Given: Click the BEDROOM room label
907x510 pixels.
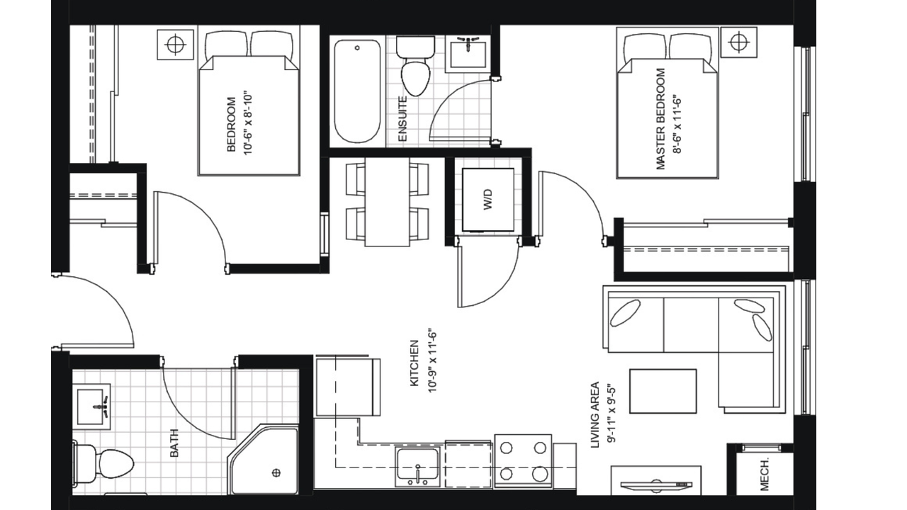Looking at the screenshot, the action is tap(231, 124).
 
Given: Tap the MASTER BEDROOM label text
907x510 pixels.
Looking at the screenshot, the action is tap(660, 119).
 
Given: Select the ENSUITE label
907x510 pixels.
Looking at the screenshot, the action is tap(402, 119).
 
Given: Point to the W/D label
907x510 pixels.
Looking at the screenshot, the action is tap(488, 199).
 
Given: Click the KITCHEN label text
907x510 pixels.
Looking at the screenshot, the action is tap(415, 363).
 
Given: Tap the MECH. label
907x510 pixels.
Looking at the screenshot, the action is tap(765, 475).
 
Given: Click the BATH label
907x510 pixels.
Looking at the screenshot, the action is tap(174, 443).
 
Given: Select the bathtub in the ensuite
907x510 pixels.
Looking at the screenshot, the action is tap(357, 91).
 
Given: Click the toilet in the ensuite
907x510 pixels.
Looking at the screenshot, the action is tap(415, 66).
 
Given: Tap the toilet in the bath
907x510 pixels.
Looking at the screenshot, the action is tap(103, 465).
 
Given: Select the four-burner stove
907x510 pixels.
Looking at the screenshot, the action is tap(523, 461).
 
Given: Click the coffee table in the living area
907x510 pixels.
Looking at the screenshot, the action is tap(663, 391).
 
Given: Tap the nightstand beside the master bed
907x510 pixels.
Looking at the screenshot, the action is tap(739, 42).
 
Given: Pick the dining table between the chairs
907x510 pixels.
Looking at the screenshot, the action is tap(387, 202).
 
